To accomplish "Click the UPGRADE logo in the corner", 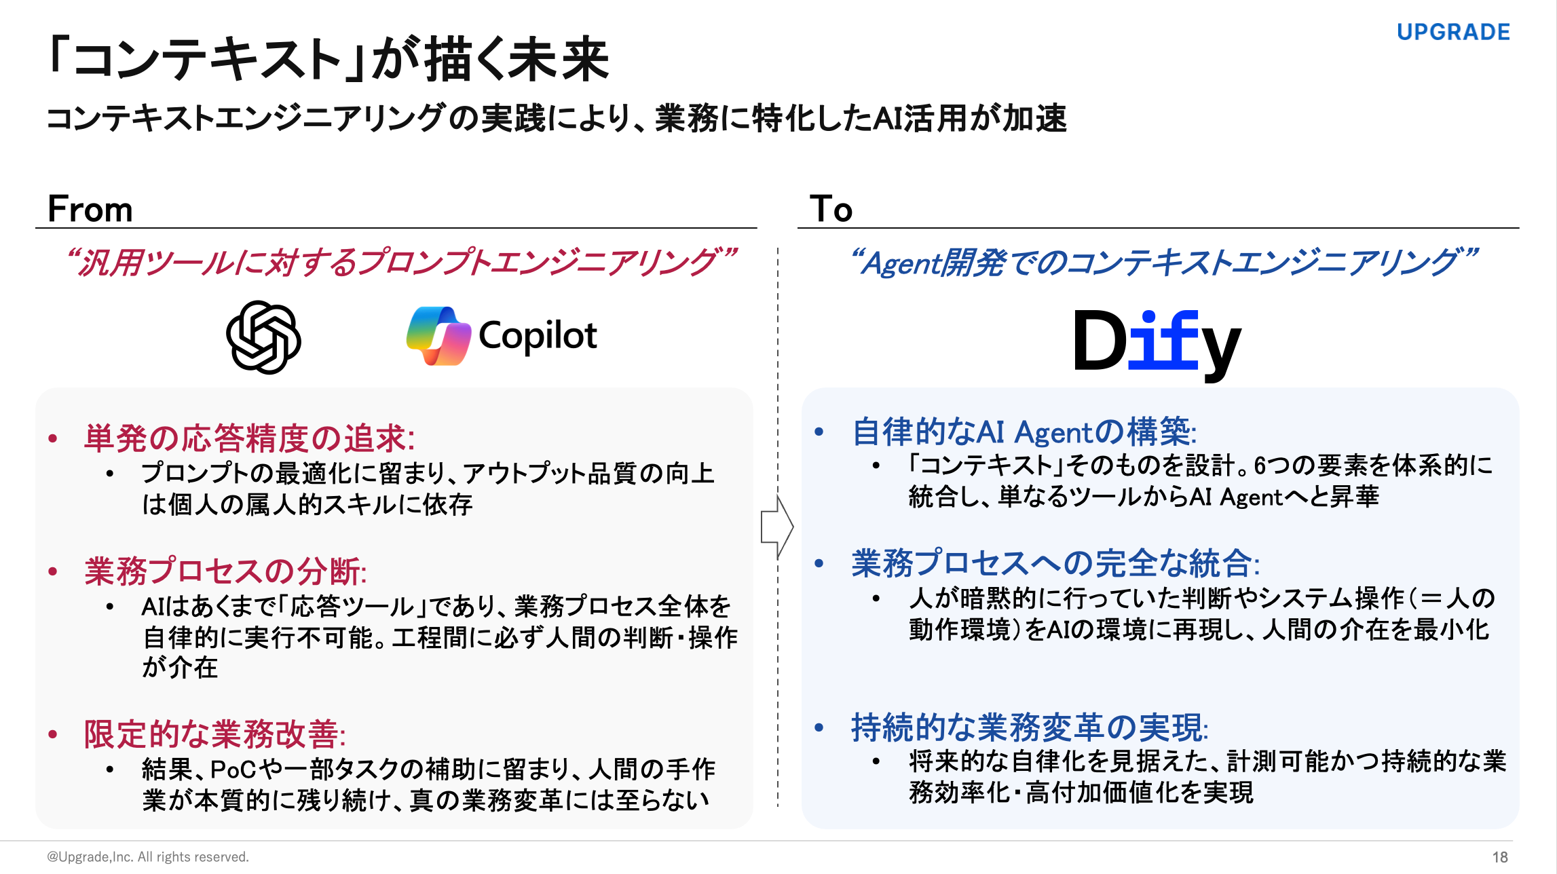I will coord(1453,32).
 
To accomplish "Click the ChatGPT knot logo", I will coord(263,337).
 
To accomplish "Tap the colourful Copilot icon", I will coord(438,336).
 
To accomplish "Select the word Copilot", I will coord(538,336).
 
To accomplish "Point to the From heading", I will coord(90,208).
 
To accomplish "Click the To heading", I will coord(831,208).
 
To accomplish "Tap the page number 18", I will coord(1500,857).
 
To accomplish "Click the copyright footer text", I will coord(148,857).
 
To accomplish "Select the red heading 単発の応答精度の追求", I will coord(249,438).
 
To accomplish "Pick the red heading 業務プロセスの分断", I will coord(225,571).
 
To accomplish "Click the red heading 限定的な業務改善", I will coord(214,734).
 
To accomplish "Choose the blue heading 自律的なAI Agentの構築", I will coord(1024,432).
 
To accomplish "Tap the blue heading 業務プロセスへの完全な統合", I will coord(1055,564).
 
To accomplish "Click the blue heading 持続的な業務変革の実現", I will coord(1030,728).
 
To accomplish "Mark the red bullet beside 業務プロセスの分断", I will coord(53,572).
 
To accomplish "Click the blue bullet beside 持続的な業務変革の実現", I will coord(819,728).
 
